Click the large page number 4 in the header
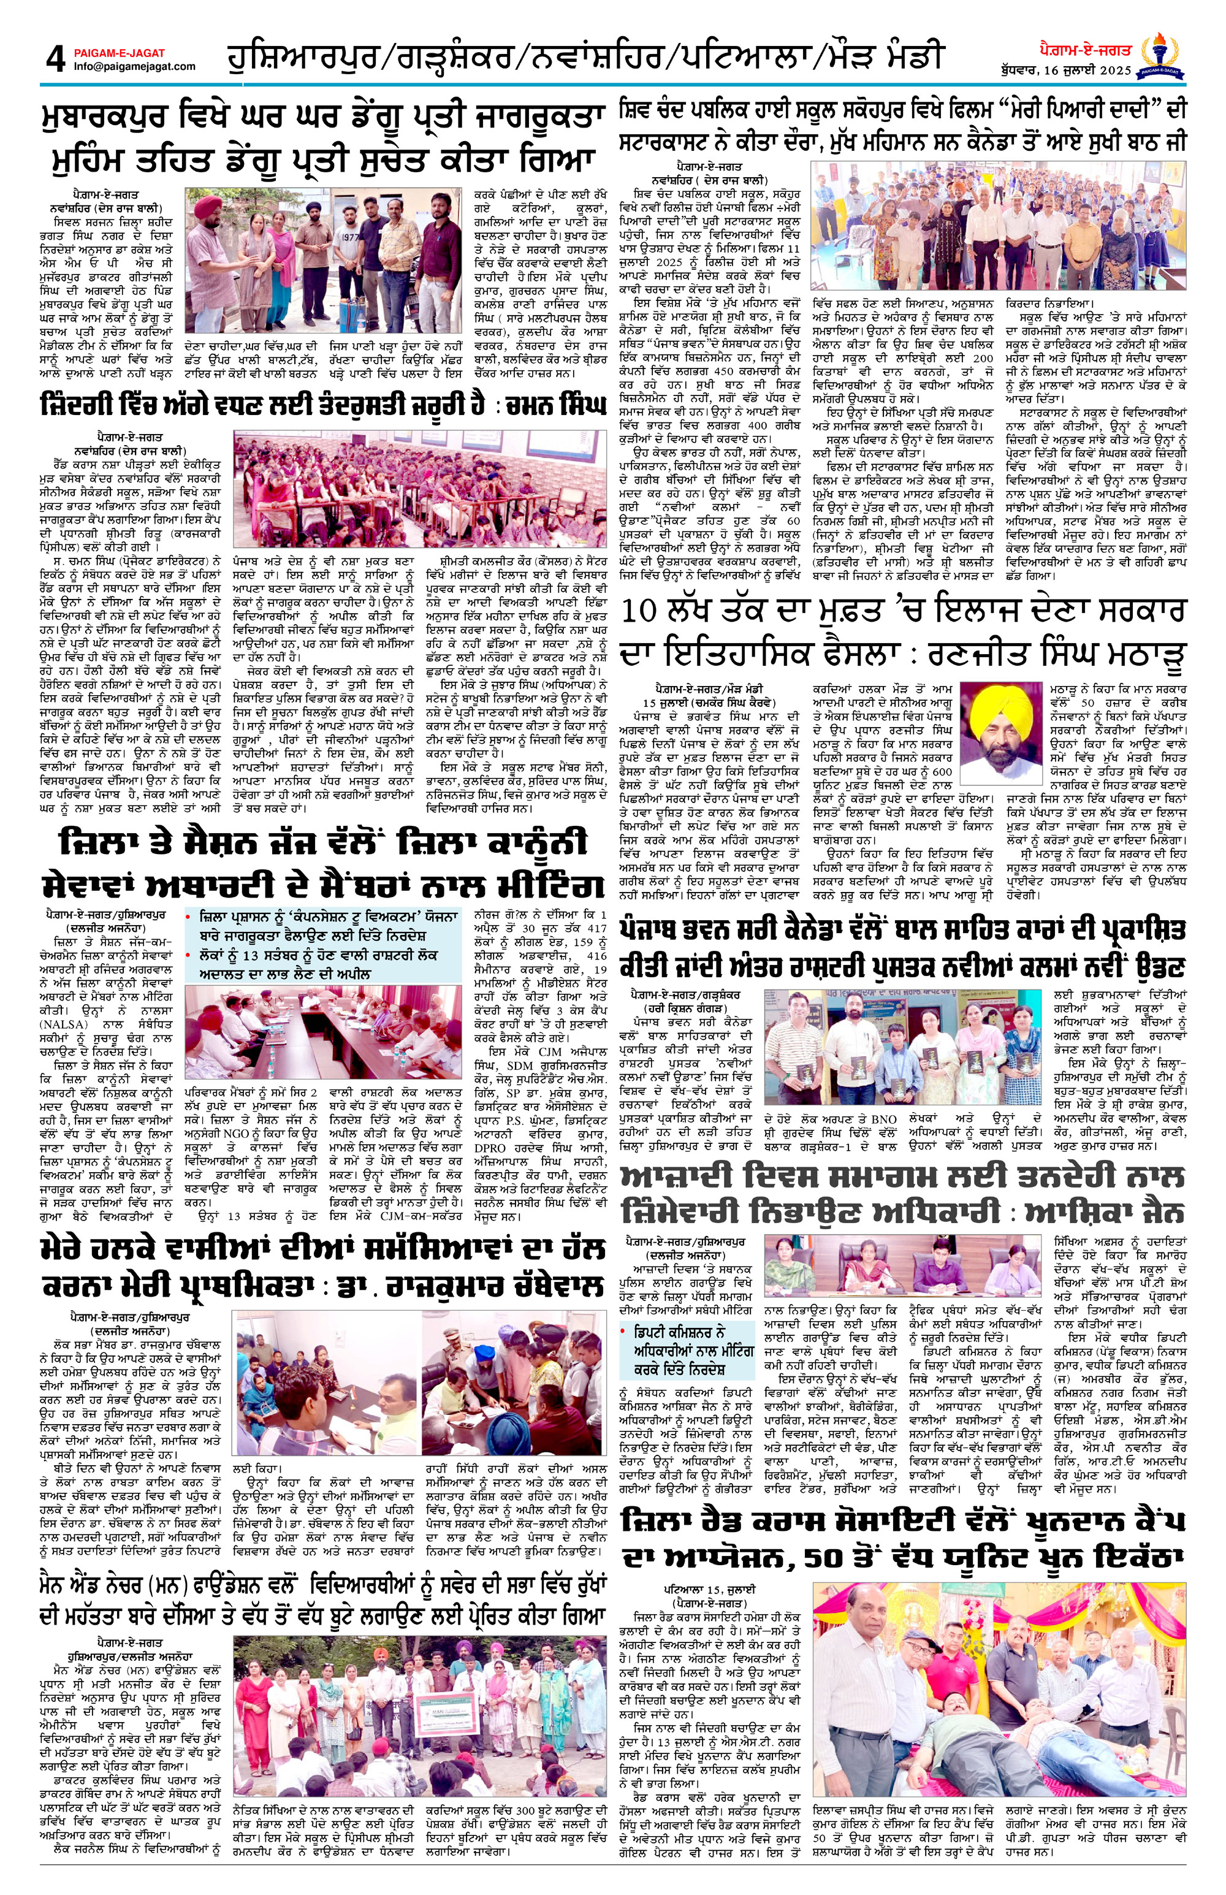(x=54, y=59)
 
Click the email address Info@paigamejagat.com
(x=134, y=67)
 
